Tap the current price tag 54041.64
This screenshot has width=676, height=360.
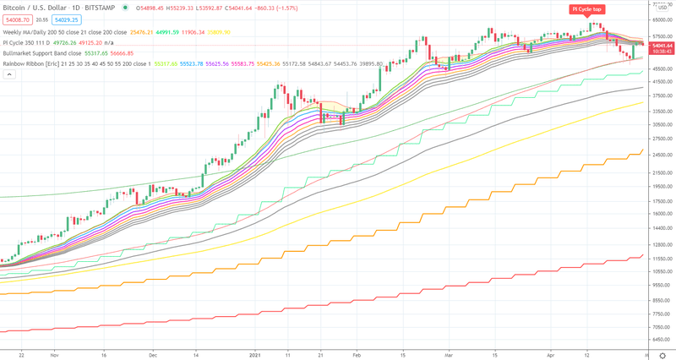[660, 45]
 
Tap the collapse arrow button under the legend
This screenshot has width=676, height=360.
[10, 74]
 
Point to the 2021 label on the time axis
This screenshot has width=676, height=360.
[255, 356]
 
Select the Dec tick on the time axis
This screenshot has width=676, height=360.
[153, 356]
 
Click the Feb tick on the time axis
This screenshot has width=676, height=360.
[356, 356]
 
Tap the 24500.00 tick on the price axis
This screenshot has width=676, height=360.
[660, 154]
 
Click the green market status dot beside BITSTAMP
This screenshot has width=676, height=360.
[125, 7]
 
